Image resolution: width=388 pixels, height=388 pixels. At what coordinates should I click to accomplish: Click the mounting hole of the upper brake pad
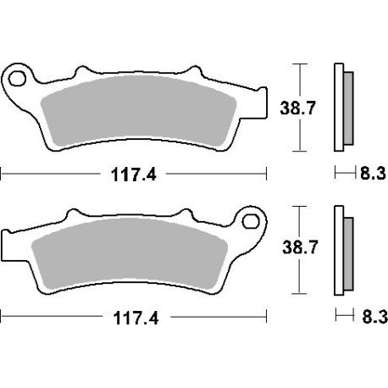[x=17, y=79]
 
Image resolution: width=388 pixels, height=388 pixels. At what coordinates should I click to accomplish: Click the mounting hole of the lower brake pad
[x=251, y=221]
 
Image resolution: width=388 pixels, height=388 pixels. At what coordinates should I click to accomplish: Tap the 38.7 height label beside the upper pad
[x=297, y=108]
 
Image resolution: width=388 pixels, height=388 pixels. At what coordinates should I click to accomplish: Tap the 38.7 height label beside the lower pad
[x=300, y=247]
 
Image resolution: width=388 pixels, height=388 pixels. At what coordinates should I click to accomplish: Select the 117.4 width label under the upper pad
[x=133, y=175]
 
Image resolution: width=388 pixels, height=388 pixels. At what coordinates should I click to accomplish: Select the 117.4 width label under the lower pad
[x=136, y=318]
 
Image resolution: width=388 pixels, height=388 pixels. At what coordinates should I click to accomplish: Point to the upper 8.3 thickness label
[x=373, y=173]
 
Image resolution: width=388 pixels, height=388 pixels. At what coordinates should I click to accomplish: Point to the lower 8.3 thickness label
[x=374, y=317]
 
